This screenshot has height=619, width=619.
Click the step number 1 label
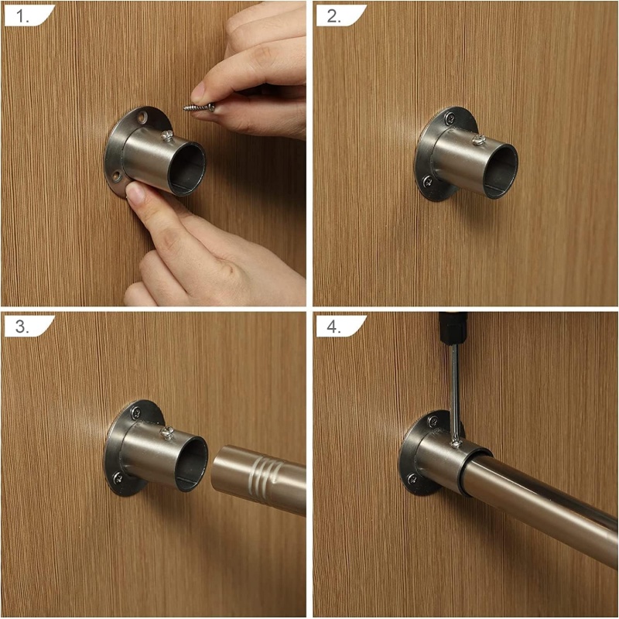point(22,16)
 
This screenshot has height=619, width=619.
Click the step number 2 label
point(334,16)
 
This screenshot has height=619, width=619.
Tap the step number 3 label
point(22,327)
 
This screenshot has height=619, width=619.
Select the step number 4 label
point(334,327)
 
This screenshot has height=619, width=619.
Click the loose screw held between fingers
point(200,107)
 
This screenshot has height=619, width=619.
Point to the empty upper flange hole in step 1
point(142,117)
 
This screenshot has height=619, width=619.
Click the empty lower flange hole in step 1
point(117,176)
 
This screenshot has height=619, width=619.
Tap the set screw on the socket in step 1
point(167,136)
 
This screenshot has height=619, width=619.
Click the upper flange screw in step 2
point(450,118)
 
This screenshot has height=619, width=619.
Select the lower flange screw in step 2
point(428,182)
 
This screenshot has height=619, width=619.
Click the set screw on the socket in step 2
point(479,140)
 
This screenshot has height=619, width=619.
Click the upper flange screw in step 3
point(137,413)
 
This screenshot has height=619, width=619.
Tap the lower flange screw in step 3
point(118,478)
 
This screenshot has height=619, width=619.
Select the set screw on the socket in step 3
point(167,433)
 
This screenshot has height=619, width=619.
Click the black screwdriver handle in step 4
point(453,327)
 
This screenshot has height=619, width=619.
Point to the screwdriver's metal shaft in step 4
point(455,391)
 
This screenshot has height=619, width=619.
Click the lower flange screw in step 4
point(412,479)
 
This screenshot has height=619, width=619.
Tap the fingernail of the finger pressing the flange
point(135,193)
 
